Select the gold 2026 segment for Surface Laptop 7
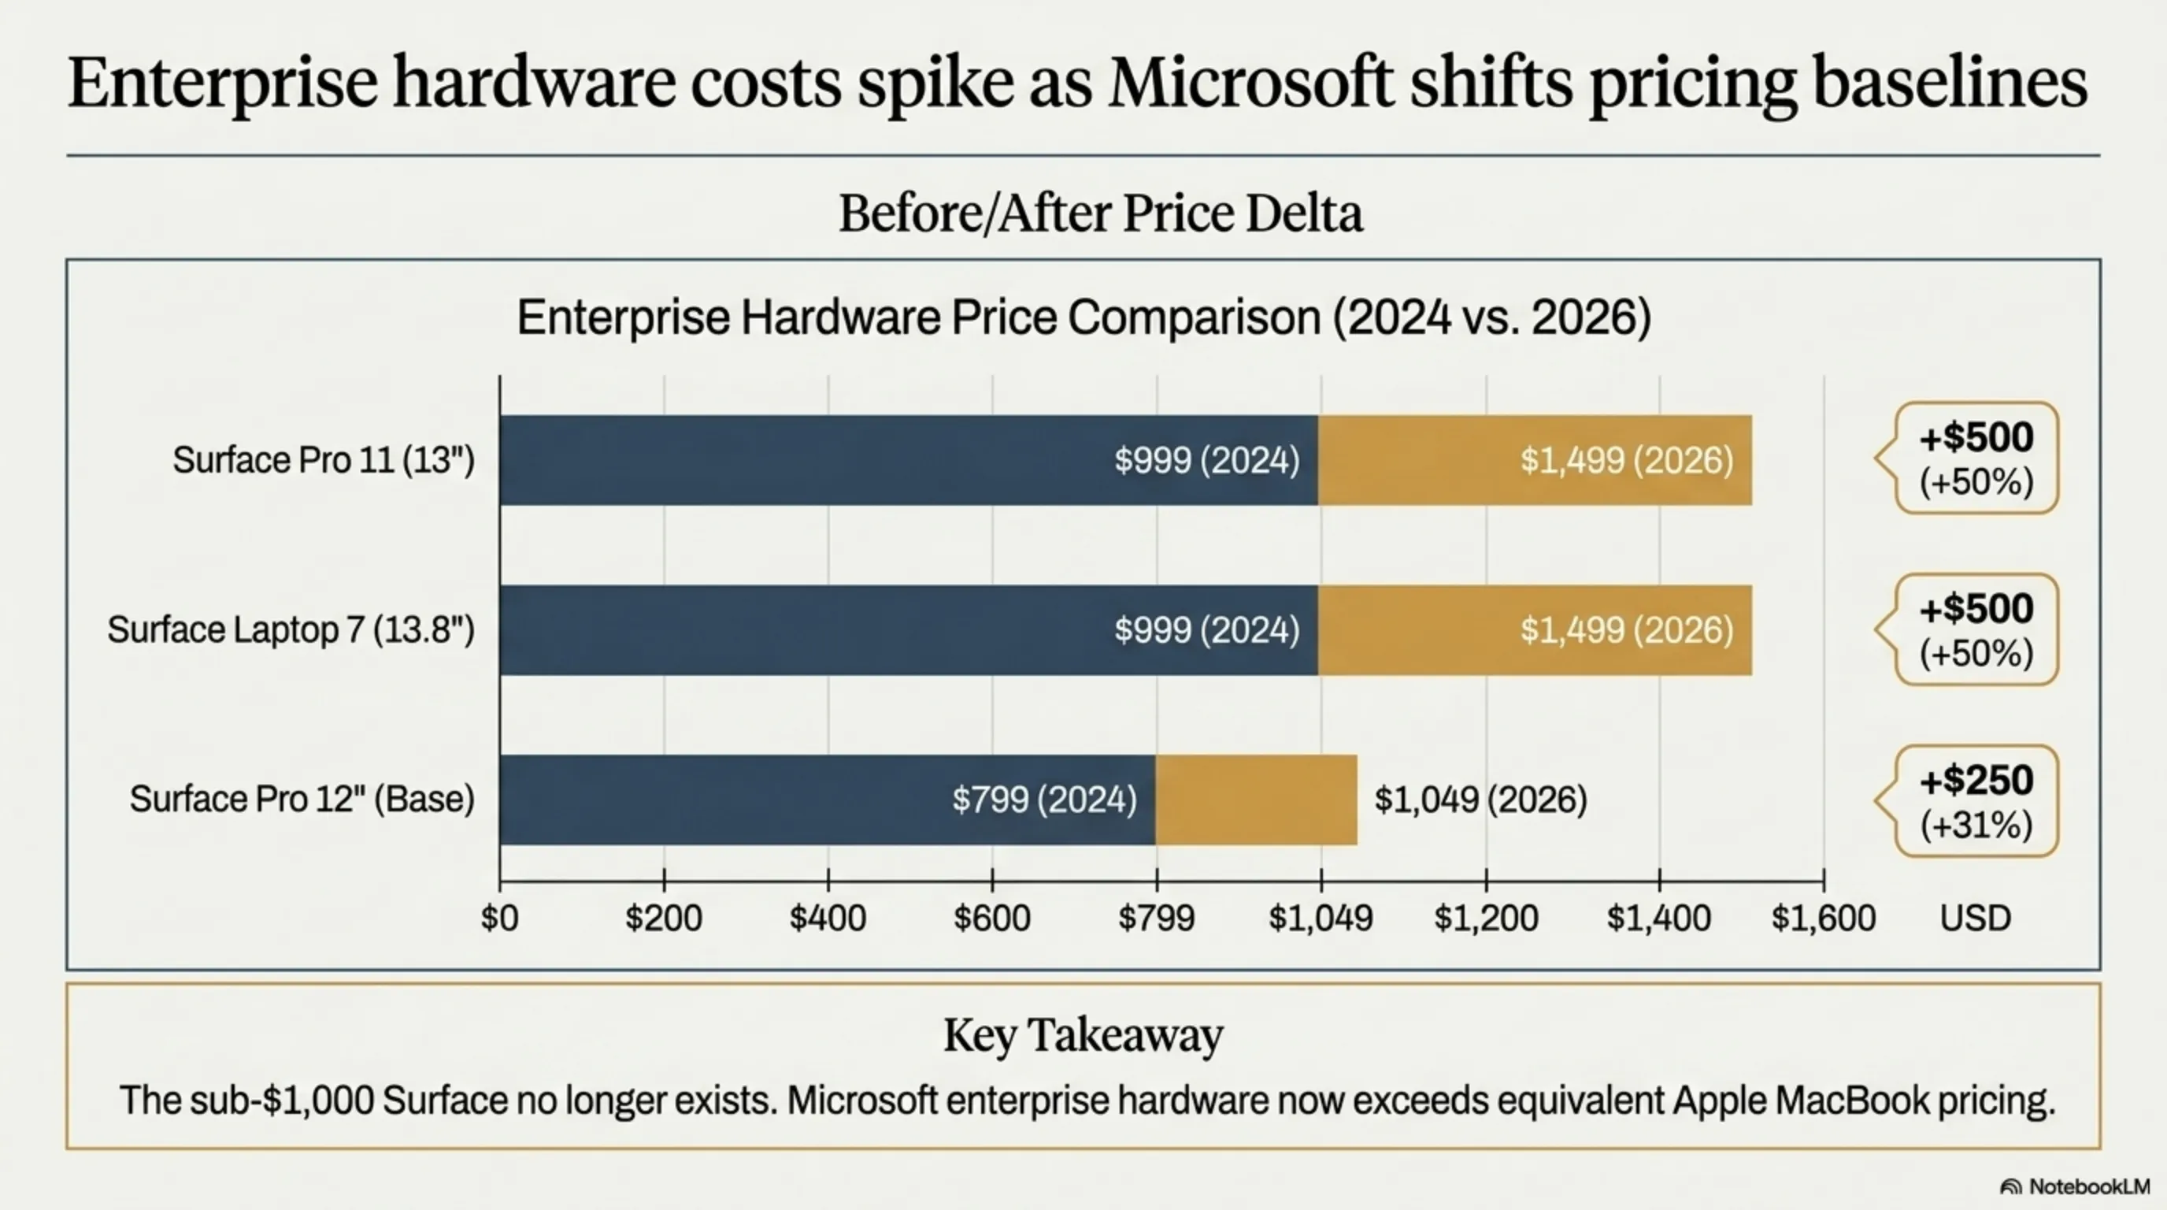click(1535, 630)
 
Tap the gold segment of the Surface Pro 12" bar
click(1256, 800)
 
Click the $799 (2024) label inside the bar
click(1044, 800)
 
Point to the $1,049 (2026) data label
click(1480, 800)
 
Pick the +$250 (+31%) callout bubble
click(1976, 801)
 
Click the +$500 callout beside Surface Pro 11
click(1976, 458)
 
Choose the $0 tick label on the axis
click(500, 918)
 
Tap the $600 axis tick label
click(992, 918)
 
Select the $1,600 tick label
click(1823, 918)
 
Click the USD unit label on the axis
click(1975, 918)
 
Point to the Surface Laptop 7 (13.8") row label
click(291, 630)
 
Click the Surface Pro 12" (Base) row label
click(302, 800)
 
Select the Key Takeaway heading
click(1083, 1035)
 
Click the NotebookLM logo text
click(2087, 1186)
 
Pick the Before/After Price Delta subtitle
click(1100, 213)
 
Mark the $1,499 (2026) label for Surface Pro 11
click(1626, 460)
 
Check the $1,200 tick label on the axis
click(1486, 918)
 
